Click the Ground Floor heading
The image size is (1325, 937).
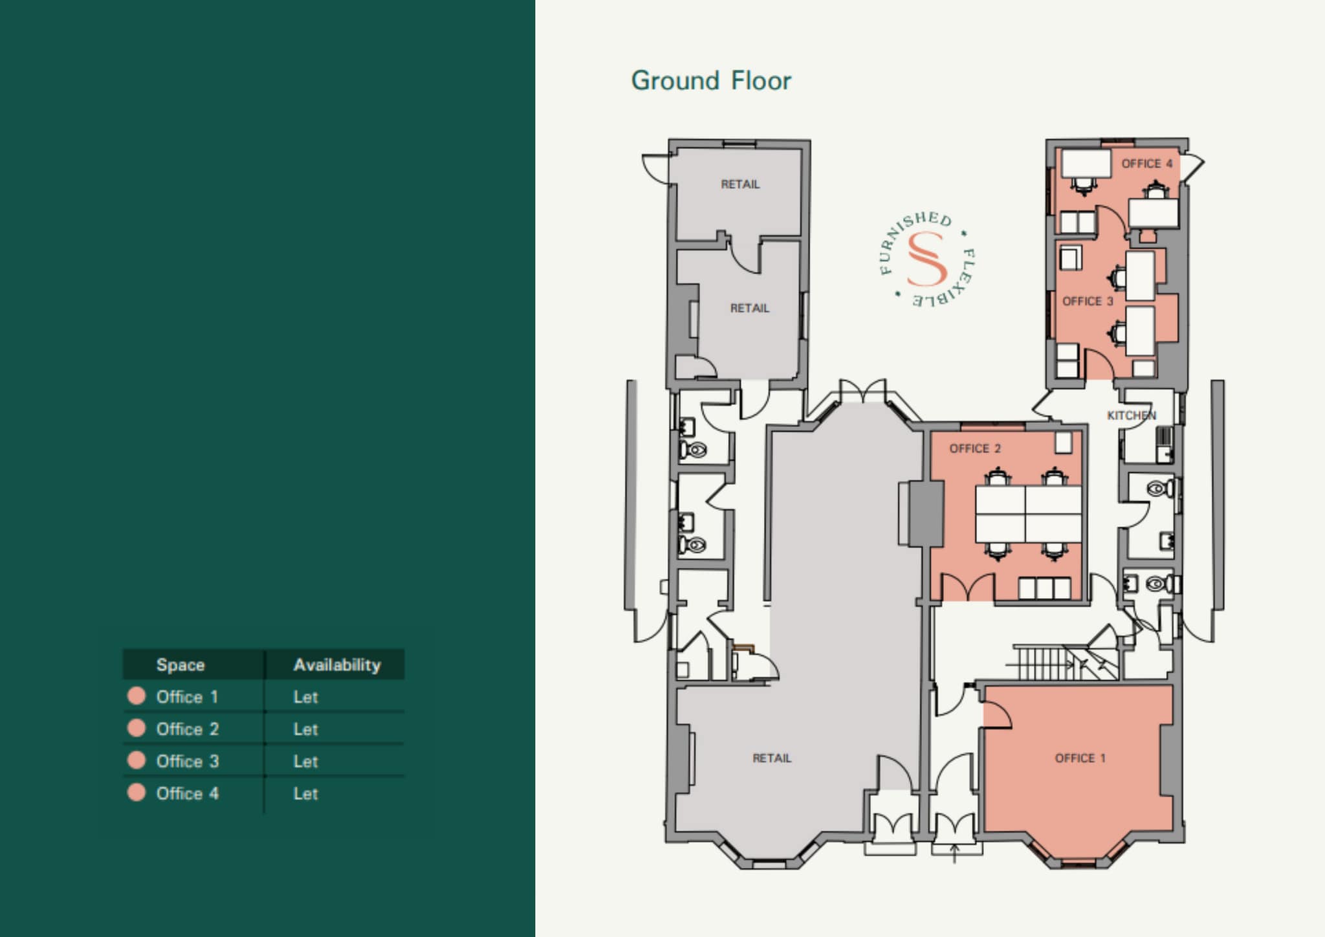pyautogui.click(x=710, y=81)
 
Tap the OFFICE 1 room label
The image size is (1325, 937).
pyautogui.click(x=1080, y=758)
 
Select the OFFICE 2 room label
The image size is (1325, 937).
pyautogui.click(x=974, y=448)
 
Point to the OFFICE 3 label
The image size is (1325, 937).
pyautogui.click(x=1088, y=302)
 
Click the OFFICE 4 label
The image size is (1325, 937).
pyautogui.click(x=1146, y=164)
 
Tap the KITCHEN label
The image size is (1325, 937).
pyautogui.click(x=1131, y=415)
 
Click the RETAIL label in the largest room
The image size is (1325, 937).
pyautogui.click(x=771, y=758)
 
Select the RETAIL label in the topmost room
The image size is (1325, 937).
pyautogui.click(x=740, y=184)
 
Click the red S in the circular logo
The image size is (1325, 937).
pyautogui.click(x=926, y=259)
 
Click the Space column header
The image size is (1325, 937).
pyautogui.click(x=180, y=665)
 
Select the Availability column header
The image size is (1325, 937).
pyautogui.click(x=336, y=665)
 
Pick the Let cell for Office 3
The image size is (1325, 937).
pyautogui.click(x=305, y=762)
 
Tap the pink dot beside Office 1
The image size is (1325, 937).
pyautogui.click(x=137, y=696)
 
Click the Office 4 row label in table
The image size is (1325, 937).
pyautogui.click(x=187, y=793)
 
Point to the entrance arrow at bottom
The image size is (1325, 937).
pyautogui.click(x=954, y=853)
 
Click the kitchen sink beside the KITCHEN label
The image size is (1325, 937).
pyautogui.click(x=1164, y=444)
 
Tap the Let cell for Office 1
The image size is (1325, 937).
pyautogui.click(x=305, y=697)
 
